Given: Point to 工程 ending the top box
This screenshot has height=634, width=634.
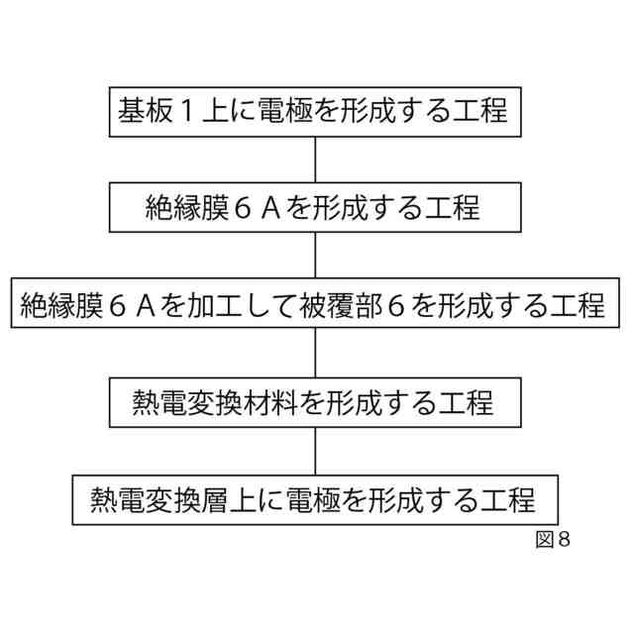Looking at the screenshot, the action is coord(483,109).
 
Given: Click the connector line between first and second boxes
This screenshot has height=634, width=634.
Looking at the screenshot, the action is coord(316,158).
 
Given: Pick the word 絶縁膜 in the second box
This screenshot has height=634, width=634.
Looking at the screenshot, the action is coord(180,207).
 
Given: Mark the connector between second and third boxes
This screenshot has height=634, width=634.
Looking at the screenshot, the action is coord(316,256).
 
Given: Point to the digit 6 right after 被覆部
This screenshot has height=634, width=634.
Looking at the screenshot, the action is coord(394,305).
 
